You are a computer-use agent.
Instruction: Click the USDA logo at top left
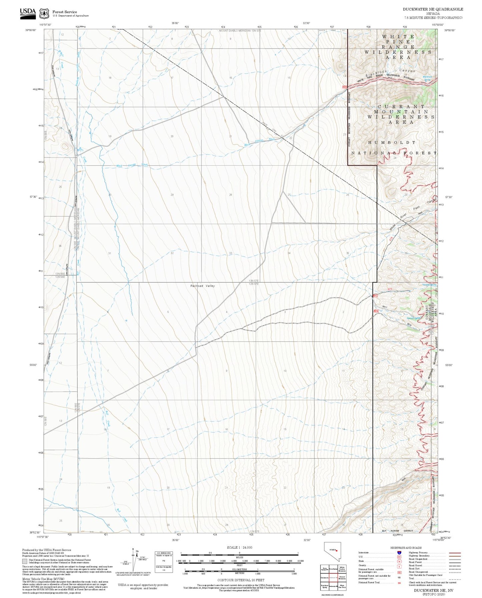point(27,12)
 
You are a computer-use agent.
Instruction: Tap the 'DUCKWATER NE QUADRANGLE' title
point(433,9)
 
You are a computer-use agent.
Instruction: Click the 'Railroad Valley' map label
point(202,286)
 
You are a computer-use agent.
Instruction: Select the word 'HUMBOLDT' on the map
point(392,142)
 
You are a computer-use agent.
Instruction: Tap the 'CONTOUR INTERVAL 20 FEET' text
point(240,580)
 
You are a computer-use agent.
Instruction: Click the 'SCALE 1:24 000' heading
point(239,547)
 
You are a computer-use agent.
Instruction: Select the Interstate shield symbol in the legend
point(399,553)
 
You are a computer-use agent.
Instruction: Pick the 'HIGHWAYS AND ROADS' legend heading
point(406,548)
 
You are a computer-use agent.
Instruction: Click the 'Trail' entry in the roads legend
point(411,578)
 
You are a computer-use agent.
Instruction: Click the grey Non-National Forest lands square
point(24,561)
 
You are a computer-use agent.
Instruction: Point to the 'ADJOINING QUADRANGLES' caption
point(332,595)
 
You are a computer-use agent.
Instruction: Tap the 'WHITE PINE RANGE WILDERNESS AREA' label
point(398,47)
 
